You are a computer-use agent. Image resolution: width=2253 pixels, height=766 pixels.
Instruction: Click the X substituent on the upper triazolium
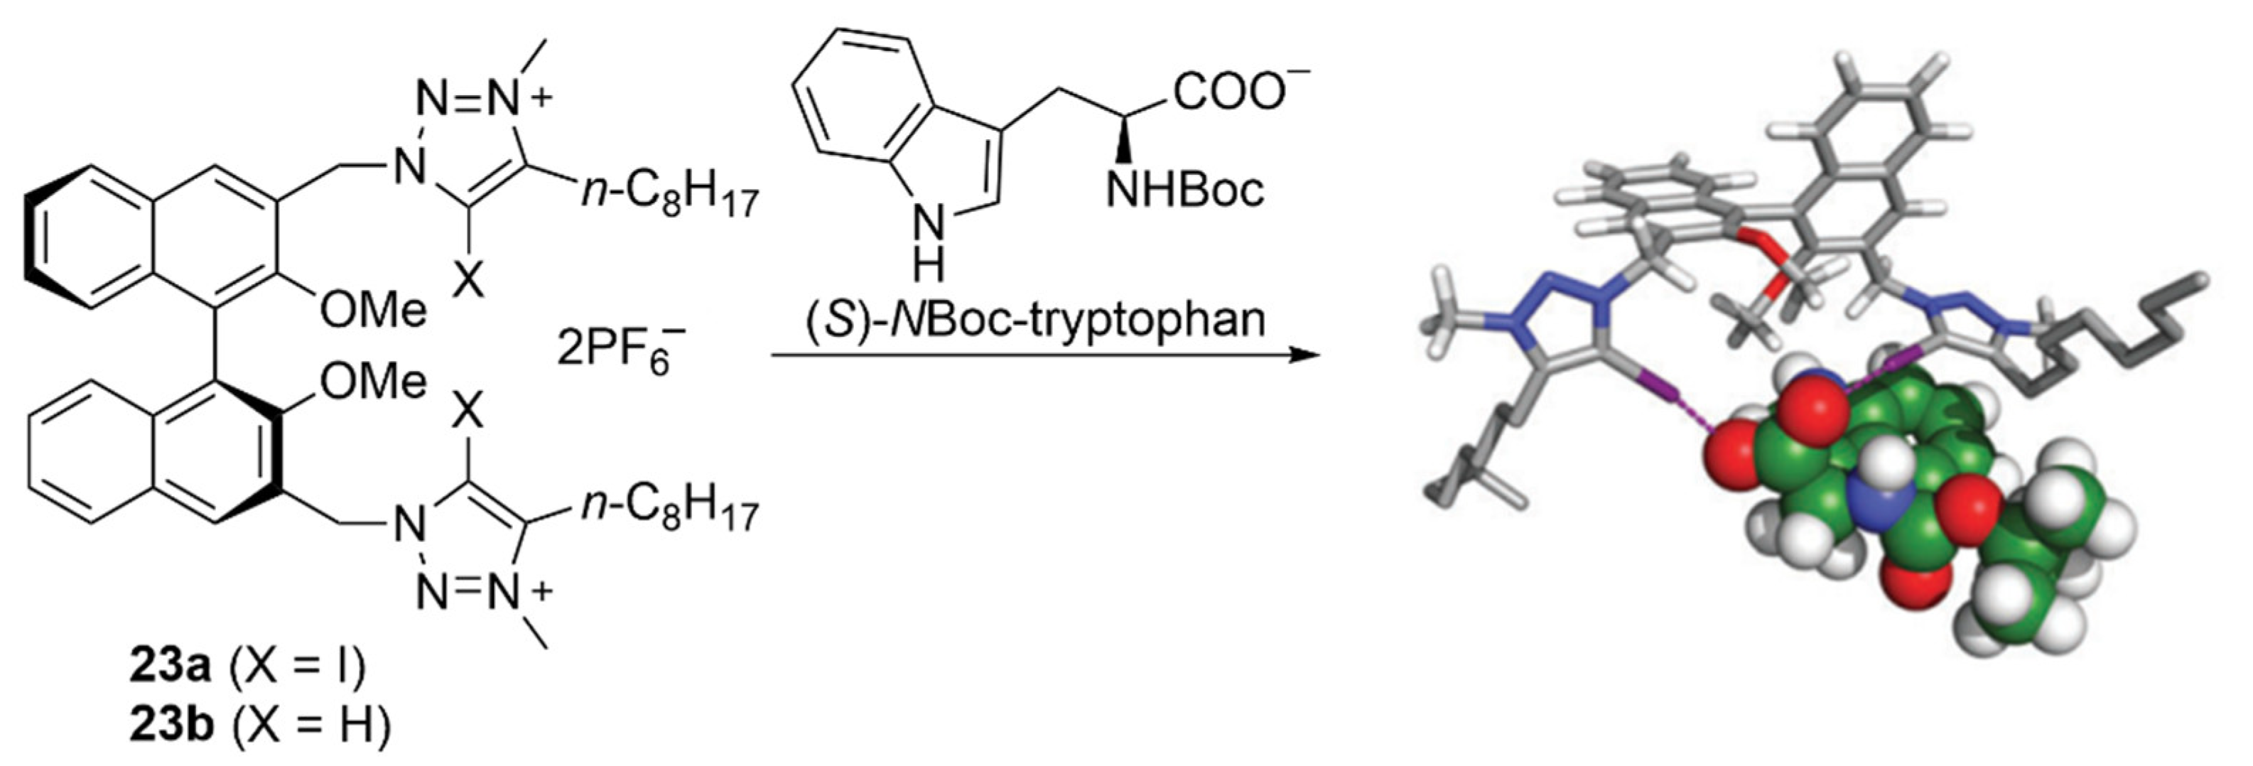coord(470,281)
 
